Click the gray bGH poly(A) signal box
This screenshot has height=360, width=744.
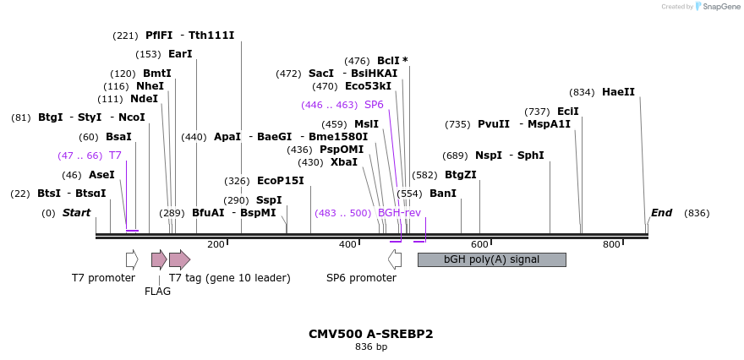coord(491,259)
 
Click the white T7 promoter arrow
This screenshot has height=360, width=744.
coord(132,259)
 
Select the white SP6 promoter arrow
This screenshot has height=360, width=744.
coord(395,259)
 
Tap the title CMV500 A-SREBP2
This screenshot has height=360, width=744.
coord(371,334)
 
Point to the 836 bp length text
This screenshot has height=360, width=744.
coord(371,347)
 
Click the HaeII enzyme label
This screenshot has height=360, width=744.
coord(618,92)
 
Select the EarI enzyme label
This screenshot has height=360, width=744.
coord(180,54)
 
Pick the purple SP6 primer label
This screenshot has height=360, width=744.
coord(374,105)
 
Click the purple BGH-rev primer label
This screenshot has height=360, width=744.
coord(399,213)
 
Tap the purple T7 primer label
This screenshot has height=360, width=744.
coord(115,155)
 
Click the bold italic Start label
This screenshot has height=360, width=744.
coord(76,213)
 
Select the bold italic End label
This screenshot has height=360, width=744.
coord(661,213)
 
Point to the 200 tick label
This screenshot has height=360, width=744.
coord(216,244)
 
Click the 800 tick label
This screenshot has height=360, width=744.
coord(611,244)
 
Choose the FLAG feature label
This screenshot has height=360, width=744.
coord(158,292)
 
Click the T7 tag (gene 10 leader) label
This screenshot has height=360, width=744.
coord(230,278)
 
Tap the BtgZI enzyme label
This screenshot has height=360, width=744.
coord(461,175)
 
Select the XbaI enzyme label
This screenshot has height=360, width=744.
coord(343,162)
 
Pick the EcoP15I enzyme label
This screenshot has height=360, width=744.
coord(280,181)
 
